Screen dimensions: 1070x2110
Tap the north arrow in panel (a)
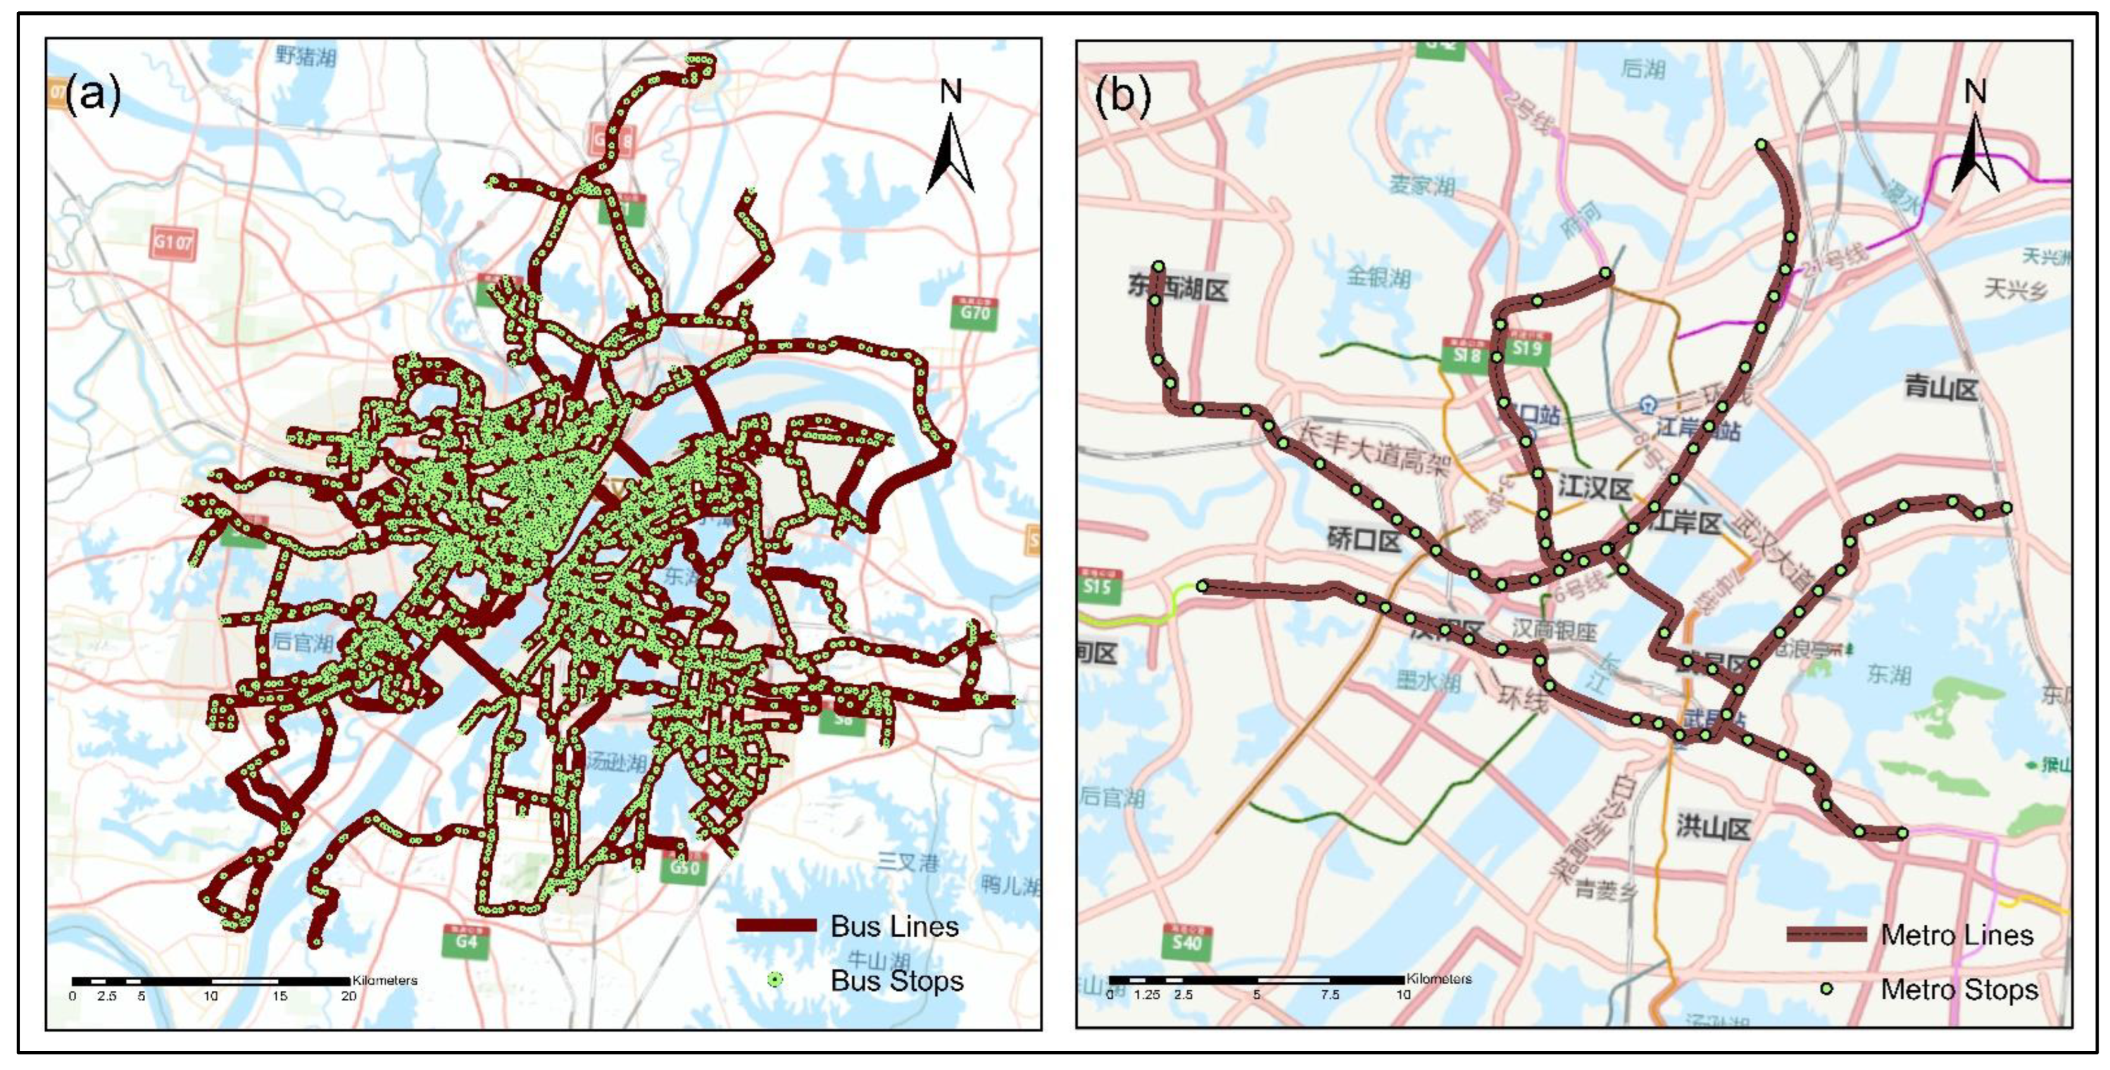950,148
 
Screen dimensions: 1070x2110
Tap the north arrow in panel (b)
1976,148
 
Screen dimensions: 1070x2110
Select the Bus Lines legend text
895,927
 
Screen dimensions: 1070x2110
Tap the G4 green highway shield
466,941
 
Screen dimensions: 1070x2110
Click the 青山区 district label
1941,387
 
